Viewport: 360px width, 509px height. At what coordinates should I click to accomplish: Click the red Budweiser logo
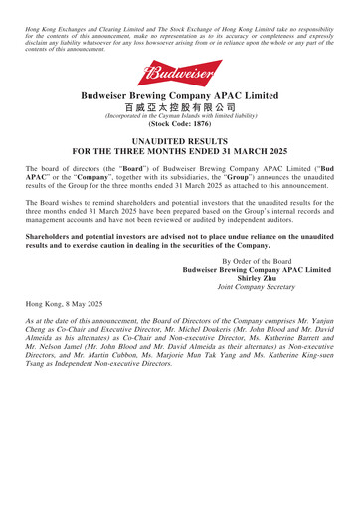click(180, 74)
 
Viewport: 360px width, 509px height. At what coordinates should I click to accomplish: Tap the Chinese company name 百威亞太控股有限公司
click(180, 131)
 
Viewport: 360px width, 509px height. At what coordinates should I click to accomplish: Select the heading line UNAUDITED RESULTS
click(180, 183)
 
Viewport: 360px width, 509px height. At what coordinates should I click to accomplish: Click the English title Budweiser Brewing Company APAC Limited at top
click(180, 114)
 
